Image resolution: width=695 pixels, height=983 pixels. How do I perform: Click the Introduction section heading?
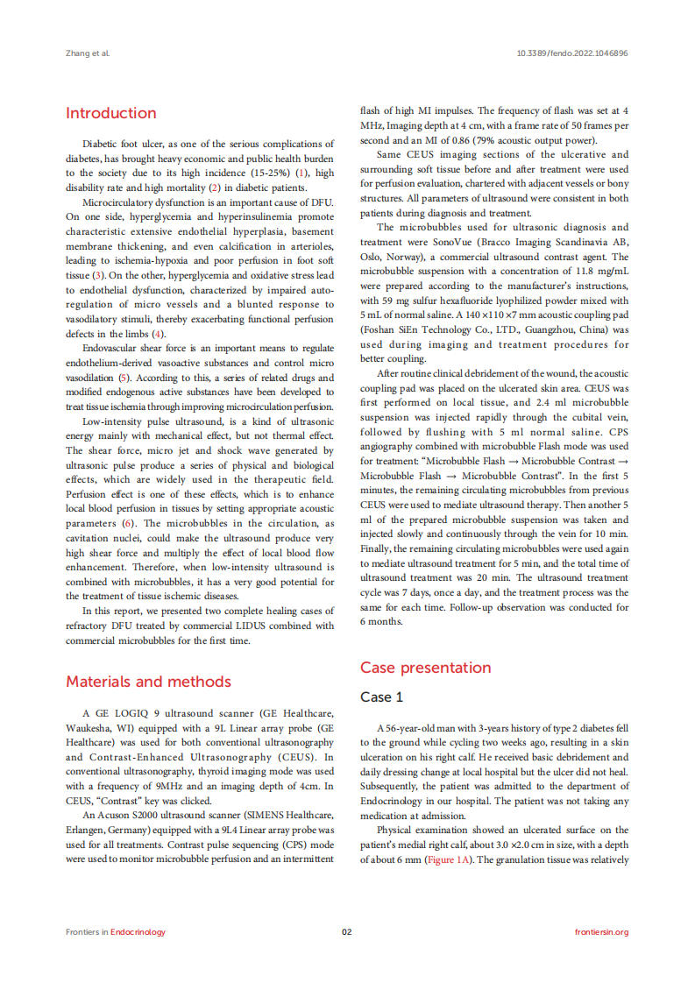point(111,113)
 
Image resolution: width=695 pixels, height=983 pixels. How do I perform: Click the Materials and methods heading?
point(148,682)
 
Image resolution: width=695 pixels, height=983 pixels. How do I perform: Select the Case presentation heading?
point(426,668)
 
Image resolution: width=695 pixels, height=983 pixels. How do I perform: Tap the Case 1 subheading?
point(382,697)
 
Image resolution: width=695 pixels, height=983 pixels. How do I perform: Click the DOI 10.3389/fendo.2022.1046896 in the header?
point(573,53)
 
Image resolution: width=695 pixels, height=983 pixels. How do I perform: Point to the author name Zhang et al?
point(88,53)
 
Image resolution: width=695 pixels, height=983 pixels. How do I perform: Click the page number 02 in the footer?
point(346,931)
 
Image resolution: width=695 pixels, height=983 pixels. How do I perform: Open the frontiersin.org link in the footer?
point(601,931)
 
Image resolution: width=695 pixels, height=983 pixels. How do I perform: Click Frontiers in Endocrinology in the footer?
point(116,931)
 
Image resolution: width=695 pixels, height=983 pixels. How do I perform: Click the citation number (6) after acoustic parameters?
point(127,523)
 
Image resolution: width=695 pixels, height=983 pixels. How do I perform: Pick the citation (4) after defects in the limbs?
point(158,334)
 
